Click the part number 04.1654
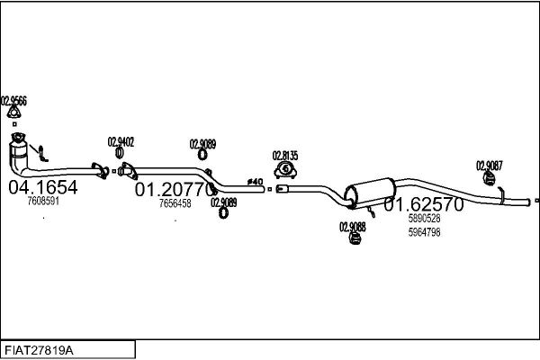tap(43, 187)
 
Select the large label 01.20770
tap(174, 190)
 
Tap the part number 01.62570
tap(424, 204)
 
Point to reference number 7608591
tap(43, 201)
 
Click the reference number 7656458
tap(175, 203)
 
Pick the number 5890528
tap(424, 218)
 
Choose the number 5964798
tap(424, 232)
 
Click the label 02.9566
tap(13, 102)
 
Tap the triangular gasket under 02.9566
tap(13, 112)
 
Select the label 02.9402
tap(121, 142)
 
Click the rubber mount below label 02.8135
tap(285, 170)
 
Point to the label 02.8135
tap(285, 156)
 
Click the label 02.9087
tap(490, 166)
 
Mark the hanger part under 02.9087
tap(489, 178)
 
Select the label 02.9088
tap(353, 227)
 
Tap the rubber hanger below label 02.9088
tap(354, 238)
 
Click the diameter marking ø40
tap(255, 181)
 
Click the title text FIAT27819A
tap(39, 351)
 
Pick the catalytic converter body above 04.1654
tap(18, 154)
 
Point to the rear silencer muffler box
tap(370, 193)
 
